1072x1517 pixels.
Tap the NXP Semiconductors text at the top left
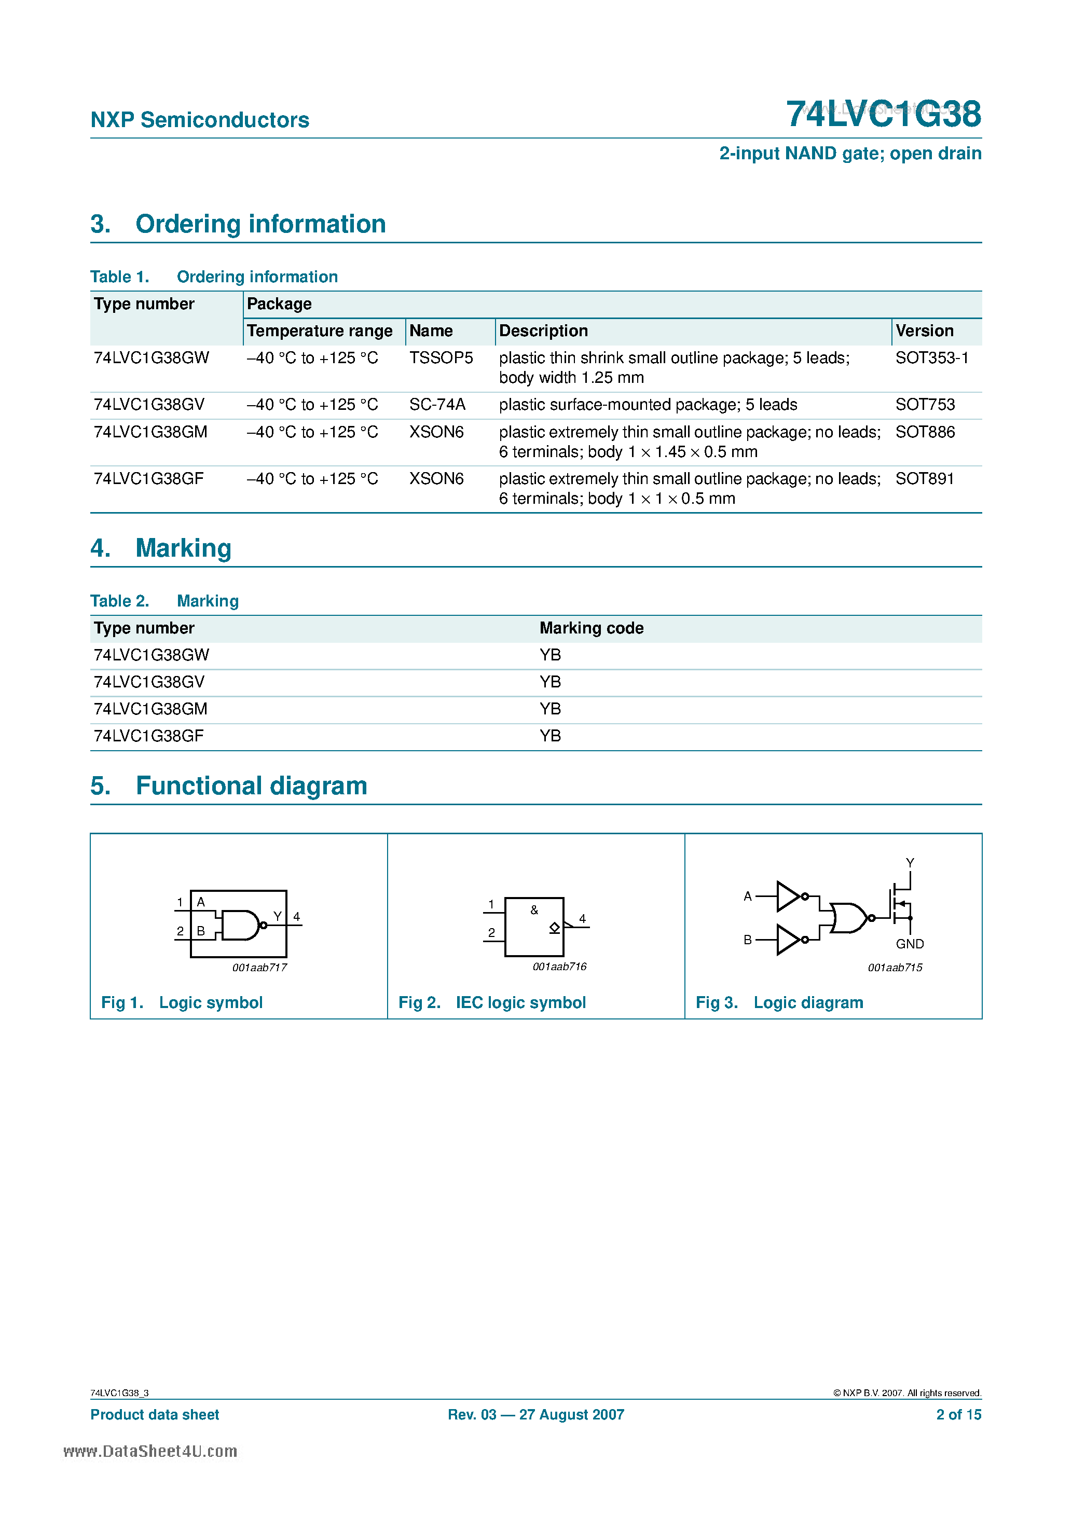coord(200,120)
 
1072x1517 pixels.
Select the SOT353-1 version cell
coord(931,357)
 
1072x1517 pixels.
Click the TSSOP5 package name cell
coord(441,357)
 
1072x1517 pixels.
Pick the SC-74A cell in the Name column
coord(437,404)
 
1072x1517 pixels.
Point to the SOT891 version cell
coord(924,478)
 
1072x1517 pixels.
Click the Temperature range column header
coord(319,330)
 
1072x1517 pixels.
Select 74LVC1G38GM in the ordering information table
coord(150,432)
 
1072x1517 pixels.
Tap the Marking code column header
coord(591,628)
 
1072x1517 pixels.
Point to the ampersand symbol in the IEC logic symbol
coord(534,911)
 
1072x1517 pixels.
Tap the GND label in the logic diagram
coord(910,944)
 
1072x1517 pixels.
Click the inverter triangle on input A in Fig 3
coord(788,897)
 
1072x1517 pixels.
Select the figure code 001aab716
coord(559,967)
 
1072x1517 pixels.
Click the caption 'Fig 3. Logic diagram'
coord(779,1002)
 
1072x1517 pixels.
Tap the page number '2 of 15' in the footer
coord(958,1415)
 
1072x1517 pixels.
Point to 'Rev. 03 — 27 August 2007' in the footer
coord(535,1415)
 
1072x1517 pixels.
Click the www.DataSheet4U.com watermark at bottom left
coord(150,1451)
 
